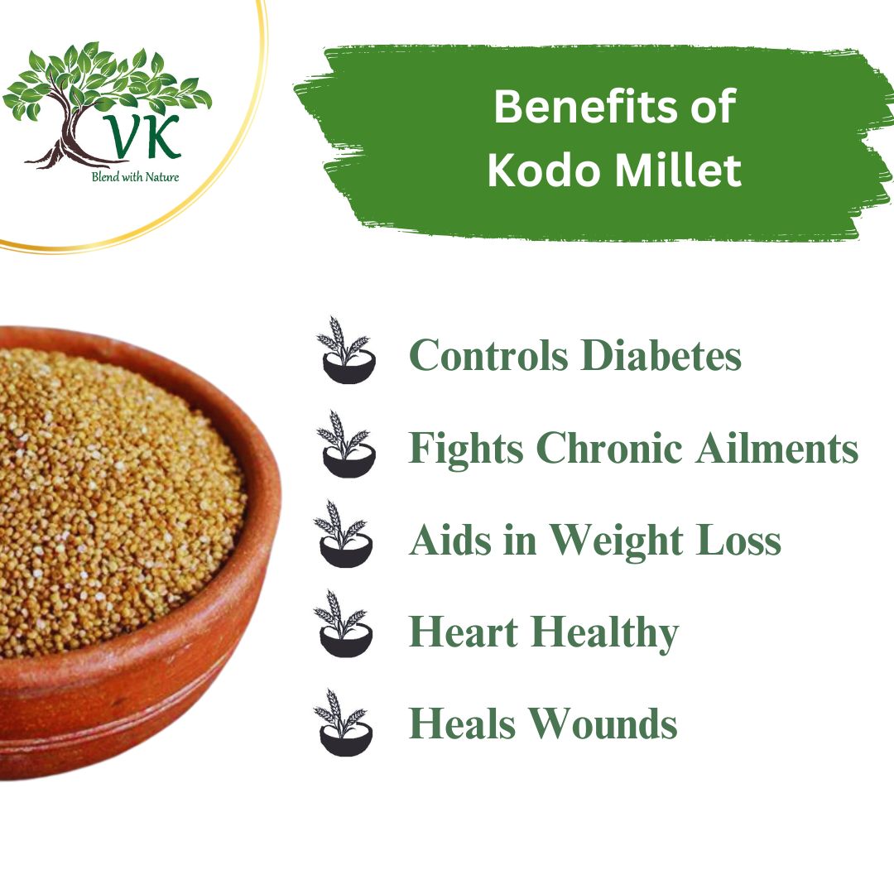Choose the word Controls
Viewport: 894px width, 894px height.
pos(489,356)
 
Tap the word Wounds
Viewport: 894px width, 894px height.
pos(608,724)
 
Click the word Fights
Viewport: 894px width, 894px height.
pos(466,449)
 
